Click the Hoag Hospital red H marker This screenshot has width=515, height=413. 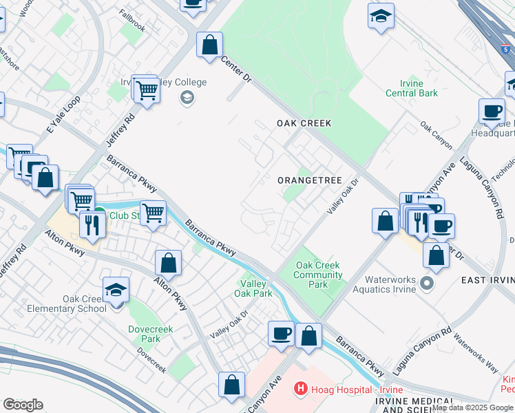300,389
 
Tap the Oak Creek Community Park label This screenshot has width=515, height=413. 318,275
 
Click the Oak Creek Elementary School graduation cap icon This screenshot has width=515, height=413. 116,290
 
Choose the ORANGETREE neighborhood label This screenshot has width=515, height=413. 310,180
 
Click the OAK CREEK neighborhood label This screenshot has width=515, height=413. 304,123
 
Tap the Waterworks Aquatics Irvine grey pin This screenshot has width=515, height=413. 427,283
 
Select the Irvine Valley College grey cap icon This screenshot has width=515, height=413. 186,98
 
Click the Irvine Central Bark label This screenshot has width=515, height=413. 412,88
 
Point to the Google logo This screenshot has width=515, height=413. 23,405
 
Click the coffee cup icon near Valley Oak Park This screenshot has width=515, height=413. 280,334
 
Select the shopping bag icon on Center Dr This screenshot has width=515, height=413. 209,45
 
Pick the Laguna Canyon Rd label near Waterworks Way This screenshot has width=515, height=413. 423,350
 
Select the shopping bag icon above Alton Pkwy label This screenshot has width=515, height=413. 168,262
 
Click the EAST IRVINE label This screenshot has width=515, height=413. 488,279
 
